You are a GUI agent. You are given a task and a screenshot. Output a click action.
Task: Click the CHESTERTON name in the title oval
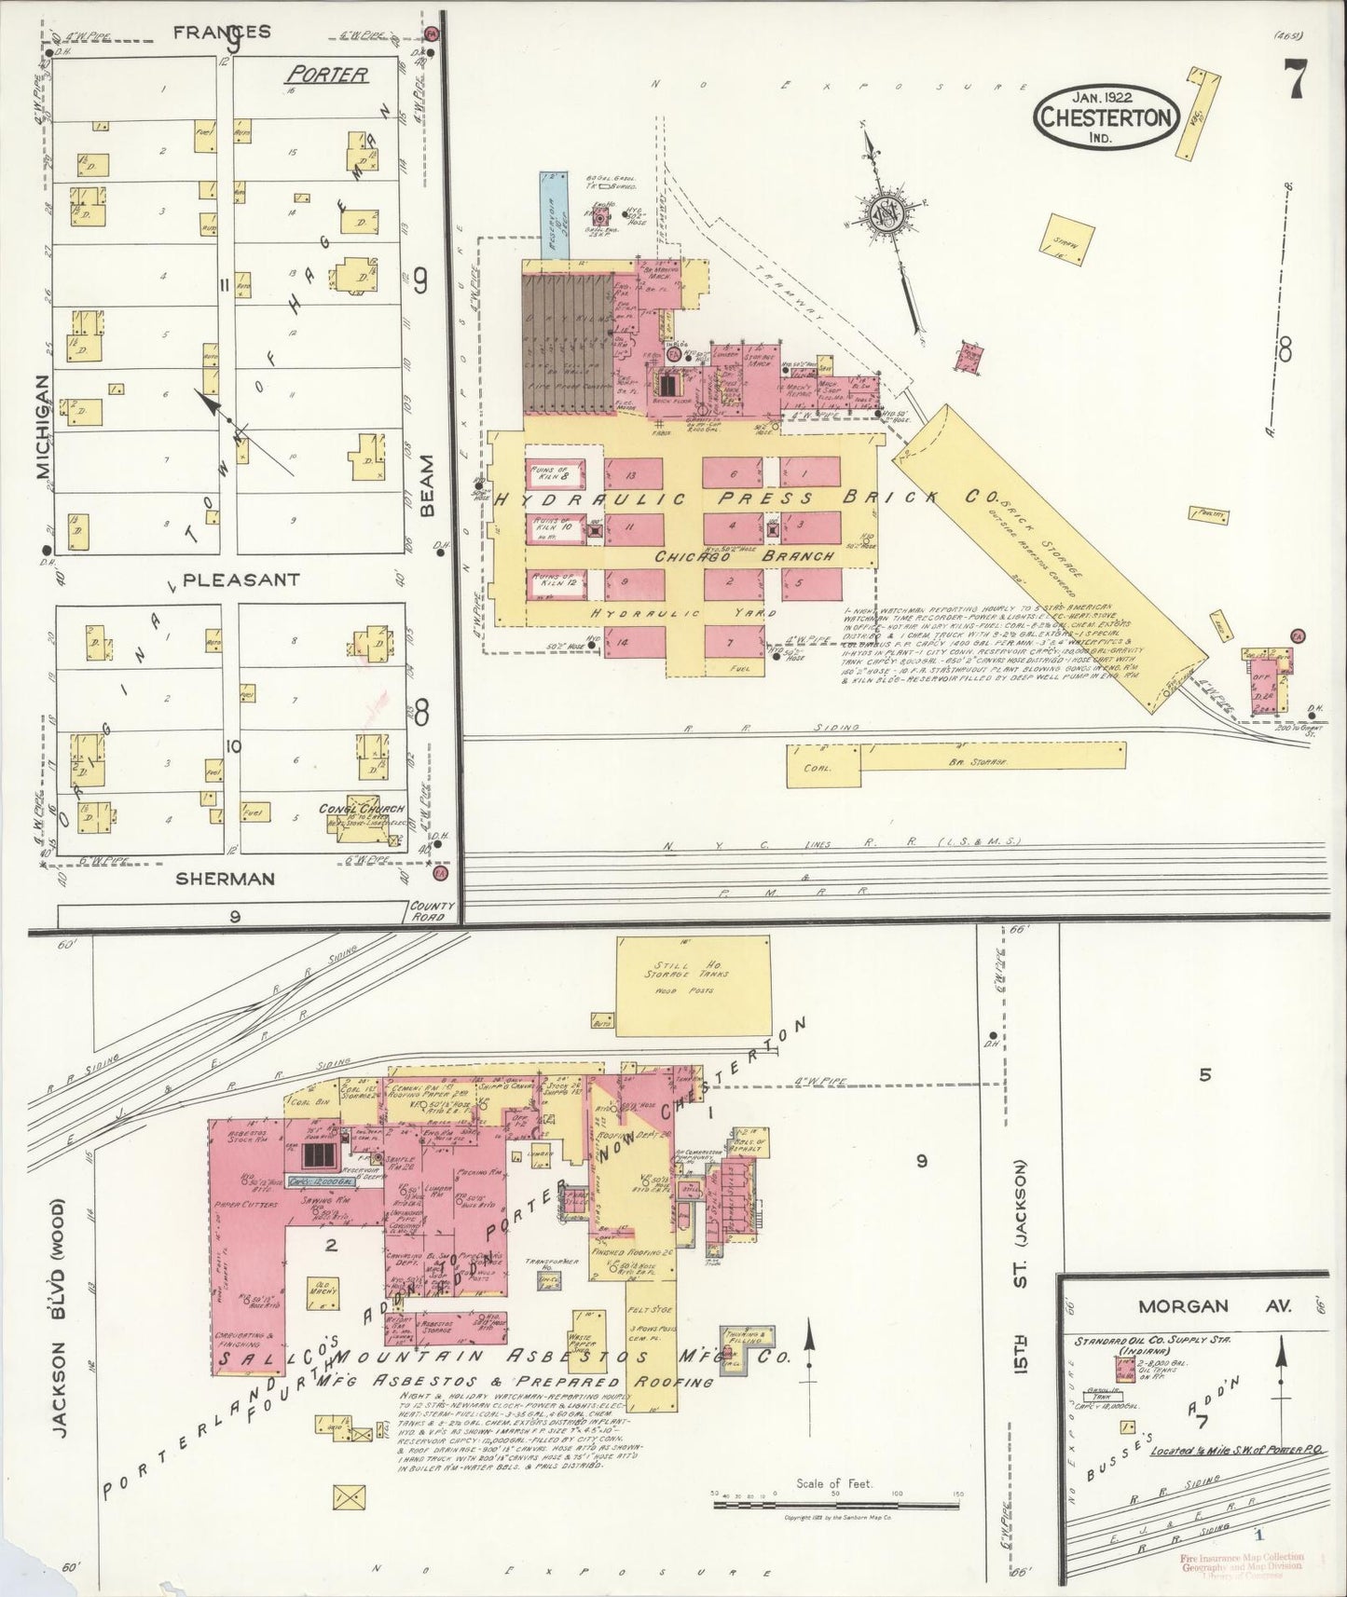pyautogui.click(x=1105, y=117)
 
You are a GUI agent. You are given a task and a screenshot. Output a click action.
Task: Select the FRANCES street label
pyautogui.click(x=223, y=31)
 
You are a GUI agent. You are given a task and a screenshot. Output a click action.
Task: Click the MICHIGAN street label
pyautogui.click(x=42, y=427)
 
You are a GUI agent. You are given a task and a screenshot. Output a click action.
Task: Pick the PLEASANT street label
pyautogui.click(x=241, y=579)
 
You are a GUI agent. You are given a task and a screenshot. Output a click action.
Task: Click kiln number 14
pyautogui.click(x=634, y=642)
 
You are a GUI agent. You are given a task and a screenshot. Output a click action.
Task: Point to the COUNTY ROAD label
pyautogui.click(x=432, y=910)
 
